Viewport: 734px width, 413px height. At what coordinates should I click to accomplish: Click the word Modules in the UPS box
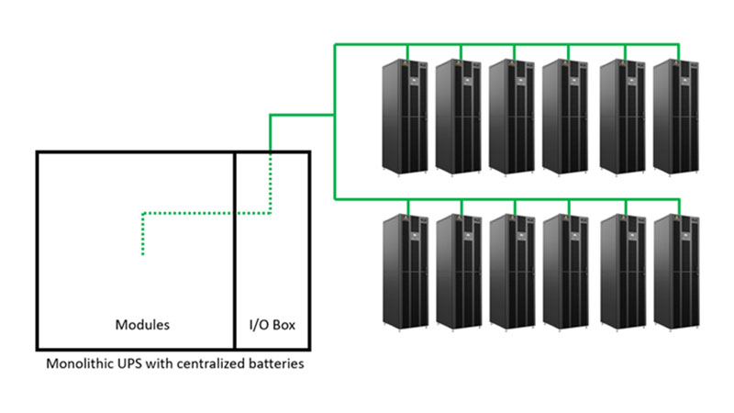(142, 325)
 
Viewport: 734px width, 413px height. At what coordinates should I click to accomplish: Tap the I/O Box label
(272, 325)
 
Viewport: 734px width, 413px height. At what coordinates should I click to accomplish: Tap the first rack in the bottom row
(406, 271)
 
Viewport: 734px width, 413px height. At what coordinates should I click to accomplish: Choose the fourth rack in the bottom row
(569, 271)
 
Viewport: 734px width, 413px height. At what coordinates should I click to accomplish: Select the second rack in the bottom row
(461, 271)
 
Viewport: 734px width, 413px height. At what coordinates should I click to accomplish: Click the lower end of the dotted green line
(142, 254)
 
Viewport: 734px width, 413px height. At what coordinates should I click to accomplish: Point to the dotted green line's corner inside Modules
(142, 214)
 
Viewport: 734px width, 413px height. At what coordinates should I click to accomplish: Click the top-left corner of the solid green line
(334, 42)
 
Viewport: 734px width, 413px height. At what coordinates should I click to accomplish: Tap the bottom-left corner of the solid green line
(334, 196)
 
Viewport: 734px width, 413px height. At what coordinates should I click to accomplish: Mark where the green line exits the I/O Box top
(271, 151)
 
